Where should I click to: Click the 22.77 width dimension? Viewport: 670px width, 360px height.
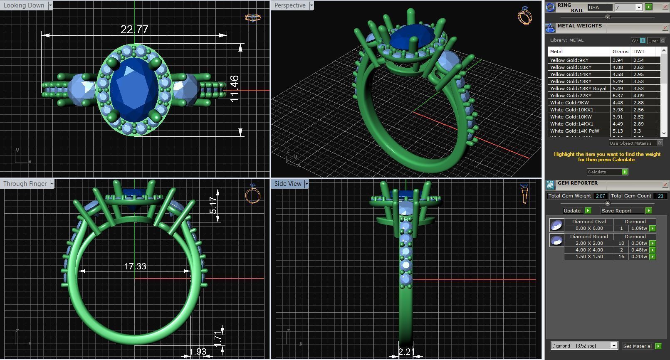(x=134, y=30)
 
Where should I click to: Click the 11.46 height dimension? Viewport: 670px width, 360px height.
(x=235, y=89)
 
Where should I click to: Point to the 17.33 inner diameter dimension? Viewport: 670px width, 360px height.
(x=135, y=266)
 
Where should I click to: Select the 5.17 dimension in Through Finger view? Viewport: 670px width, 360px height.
(x=213, y=205)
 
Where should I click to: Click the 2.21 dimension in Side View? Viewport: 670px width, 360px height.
(x=406, y=352)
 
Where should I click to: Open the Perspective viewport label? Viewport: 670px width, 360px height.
(x=290, y=5)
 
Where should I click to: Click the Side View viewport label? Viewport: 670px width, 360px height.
(x=288, y=184)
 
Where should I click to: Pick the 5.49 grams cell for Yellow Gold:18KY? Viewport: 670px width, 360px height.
(x=618, y=81)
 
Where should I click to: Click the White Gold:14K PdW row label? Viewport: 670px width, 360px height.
(x=574, y=131)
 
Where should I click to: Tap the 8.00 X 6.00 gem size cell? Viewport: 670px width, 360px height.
(x=589, y=228)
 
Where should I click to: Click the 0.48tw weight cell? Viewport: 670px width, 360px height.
(x=639, y=250)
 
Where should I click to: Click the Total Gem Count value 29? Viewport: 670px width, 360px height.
(x=660, y=196)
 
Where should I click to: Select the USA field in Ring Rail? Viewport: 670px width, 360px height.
(x=599, y=7)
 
